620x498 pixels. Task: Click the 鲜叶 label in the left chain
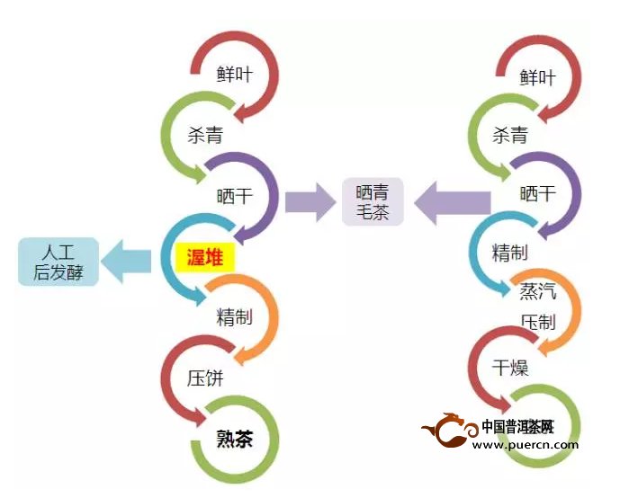[x=235, y=75]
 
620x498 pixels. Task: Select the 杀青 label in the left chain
[x=204, y=136]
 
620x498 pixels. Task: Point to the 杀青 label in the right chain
[x=510, y=136]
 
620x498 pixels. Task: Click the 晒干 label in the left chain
[x=235, y=196]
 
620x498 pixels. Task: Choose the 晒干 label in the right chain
[x=538, y=194]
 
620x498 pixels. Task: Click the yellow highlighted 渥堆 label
[x=204, y=258]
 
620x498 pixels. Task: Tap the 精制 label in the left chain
[x=235, y=316]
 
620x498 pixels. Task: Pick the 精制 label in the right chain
[x=510, y=253]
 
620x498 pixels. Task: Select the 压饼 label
[x=204, y=378]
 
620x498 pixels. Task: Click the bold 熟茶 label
[x=235, y=439]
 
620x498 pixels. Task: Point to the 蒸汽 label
[x=538, y=291]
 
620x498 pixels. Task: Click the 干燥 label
[x=510, y=369]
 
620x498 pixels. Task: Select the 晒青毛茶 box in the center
[x=373, y=202]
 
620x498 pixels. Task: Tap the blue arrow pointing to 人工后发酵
[x=125, y=261]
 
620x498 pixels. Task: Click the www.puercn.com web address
[x=525, y=444]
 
